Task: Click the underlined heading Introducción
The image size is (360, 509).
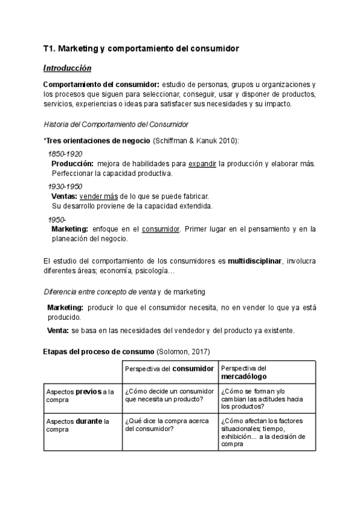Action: coord(68,68)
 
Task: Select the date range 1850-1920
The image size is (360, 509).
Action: coord(65,154)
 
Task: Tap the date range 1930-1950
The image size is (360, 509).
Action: coord(65,187)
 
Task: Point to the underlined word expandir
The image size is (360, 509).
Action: coord(202,164)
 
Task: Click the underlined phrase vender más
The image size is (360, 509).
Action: coord(98,196)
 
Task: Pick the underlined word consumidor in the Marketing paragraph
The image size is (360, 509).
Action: coord(161,229)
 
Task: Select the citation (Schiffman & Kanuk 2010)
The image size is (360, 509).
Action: coord(196,140)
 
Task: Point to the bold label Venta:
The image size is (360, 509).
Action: coord(58,331)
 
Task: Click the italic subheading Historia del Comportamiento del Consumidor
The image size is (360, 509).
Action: coord(116,124)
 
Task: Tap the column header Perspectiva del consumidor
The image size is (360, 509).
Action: coord(169,368)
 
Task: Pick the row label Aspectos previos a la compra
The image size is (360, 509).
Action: coord(80,396)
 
